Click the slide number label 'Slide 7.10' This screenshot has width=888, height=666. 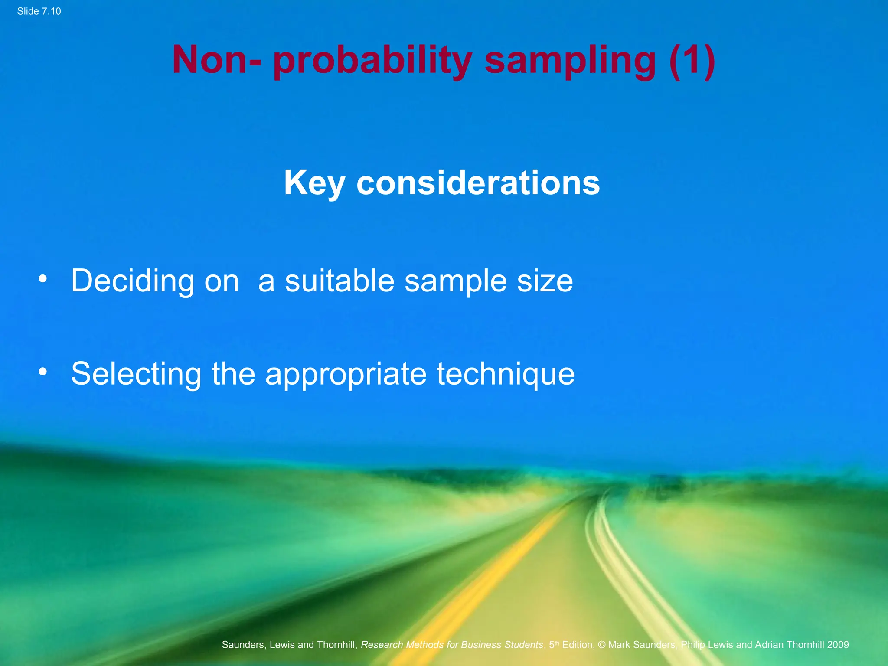click(x=39, y=11)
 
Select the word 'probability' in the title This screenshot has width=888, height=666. click(x=372, y=61)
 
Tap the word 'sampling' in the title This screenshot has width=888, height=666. click(x=570, y=61)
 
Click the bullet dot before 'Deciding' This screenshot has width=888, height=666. click(x=42, y=279)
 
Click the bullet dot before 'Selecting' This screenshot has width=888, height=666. click(x=42, y=372)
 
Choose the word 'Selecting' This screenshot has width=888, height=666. click(x=136, y=374)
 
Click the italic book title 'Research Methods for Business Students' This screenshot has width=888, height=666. click(x=452, y=645)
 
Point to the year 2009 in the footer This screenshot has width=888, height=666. click(x=838, y=645)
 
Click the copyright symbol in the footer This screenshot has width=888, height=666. click(x=601, y=645)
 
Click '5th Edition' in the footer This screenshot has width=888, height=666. click(x=571, y=645)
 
